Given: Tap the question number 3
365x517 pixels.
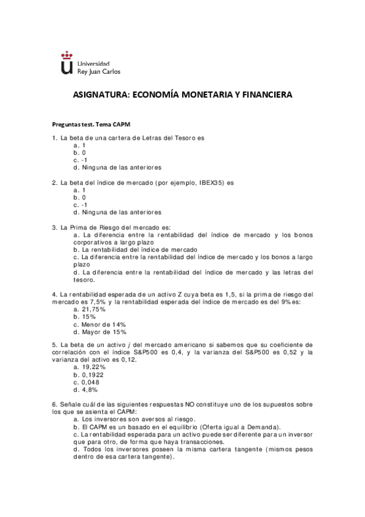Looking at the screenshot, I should [55, 227].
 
